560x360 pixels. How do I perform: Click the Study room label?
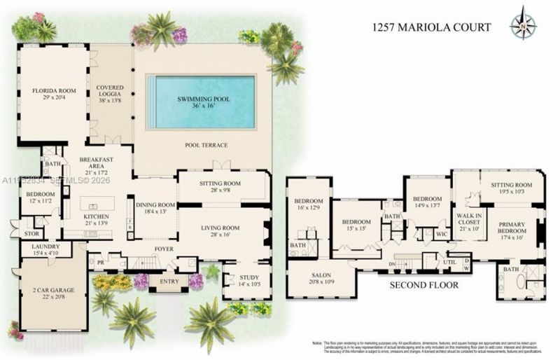(248, 280)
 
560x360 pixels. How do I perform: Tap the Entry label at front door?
(169, 282)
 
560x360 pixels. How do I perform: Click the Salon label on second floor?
(321, 278)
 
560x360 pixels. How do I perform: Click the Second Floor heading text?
(425, 286)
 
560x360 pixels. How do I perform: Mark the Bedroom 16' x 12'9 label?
(308, 204)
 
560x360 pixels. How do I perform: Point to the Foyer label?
(163, 249)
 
